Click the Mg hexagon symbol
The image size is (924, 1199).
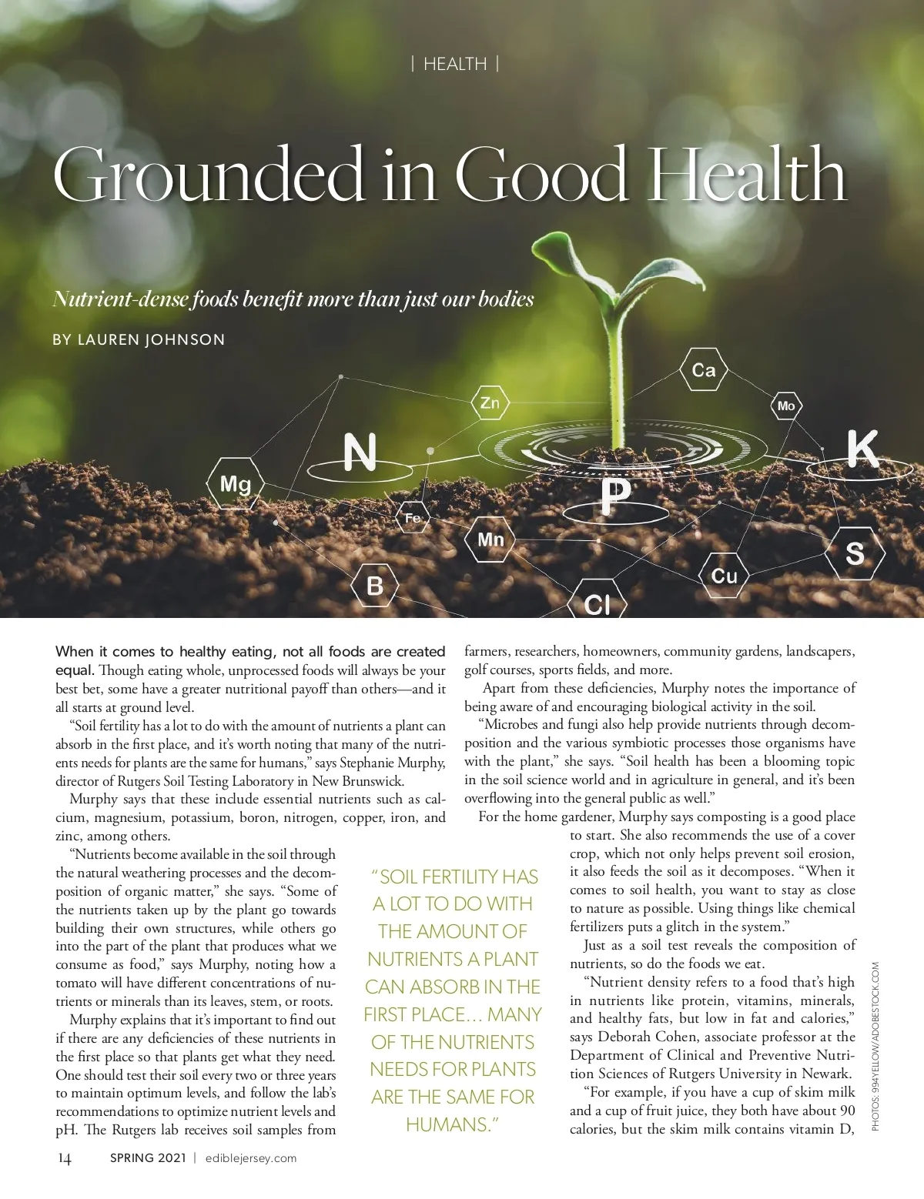pyautogui.click(x=236, y=483)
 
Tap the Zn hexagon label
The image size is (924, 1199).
pyautogui.click(x=490, y=402)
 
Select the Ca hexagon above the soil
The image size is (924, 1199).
pyautogui.click(x=704, y=370)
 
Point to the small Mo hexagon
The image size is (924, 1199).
pyautogui.click(x=786, y=406)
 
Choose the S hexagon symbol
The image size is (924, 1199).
pyautogui.click(x=855, y=553)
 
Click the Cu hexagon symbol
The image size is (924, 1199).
pyautogui.click(x=724, y=576)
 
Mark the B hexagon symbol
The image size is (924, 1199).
pyautogui.click(x=375, y=586)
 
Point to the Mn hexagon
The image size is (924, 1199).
pyautogui.click(x=490, y=539)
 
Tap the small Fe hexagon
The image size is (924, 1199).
pyautogui.click(x=413, y=519)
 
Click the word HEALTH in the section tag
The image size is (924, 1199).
pyautogui.click(x=455, y=64)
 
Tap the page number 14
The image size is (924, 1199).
pyautogui.click(x=65, y=1158)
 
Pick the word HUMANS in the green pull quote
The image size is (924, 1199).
pyautogui.click(x=448, y=1124)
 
